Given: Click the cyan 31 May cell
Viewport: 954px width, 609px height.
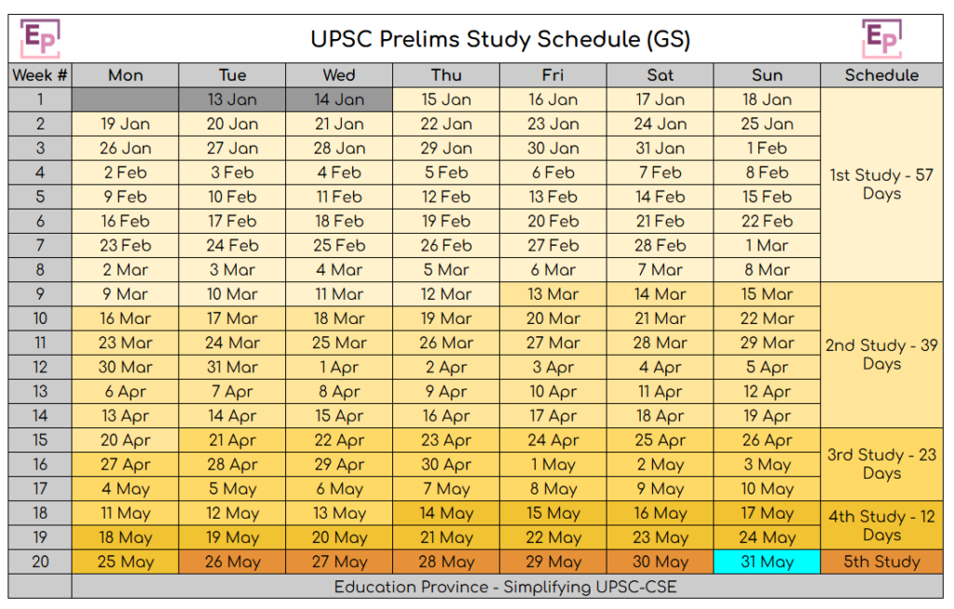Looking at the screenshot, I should click(x=767, y=562).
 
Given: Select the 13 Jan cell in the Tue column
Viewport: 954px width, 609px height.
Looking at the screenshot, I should click(x=232, y=100).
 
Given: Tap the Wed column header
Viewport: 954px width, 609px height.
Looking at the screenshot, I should click(x=339, y=75).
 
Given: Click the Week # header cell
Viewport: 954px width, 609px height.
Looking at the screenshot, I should click(x=40, y=75).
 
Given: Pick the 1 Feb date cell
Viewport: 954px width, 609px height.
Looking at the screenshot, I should click(x=767, y=148).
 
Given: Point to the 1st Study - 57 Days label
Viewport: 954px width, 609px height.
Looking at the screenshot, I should click(x=881, y=184).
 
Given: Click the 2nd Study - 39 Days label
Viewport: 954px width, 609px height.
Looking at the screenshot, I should click(x=881, y=354).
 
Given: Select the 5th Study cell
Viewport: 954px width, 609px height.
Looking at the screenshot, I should click(x=881, y=562).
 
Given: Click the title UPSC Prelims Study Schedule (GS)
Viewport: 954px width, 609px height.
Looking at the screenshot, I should click(x=500, y=39).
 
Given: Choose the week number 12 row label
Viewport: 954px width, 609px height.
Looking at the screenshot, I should click(x=40, y=367).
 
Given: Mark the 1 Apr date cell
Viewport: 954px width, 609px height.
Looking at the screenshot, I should click(x=339, y=367).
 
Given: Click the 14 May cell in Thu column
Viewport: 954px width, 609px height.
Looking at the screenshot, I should click(x=446, y=513).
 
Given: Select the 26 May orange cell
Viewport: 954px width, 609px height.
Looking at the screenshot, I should click(x=232, y=562).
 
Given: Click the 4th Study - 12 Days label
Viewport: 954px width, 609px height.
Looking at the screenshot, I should click(x=881, y=525).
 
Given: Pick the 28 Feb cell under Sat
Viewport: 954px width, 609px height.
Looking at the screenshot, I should click(x=660, y=245).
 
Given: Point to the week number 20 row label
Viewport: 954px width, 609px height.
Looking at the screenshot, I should click(x=40, y=562).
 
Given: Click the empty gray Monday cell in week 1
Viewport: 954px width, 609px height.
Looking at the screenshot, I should click(x=125, y=100).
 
